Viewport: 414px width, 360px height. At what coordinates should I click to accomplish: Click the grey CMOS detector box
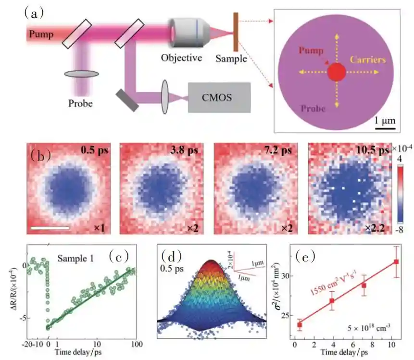point(219,98)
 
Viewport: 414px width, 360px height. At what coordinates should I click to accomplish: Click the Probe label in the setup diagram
point(80,103)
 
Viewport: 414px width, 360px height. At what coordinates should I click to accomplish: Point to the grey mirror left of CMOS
point(127,98)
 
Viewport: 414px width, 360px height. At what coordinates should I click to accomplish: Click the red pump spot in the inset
point(336,73)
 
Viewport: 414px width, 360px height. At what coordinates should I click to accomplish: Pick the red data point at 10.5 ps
point(396,261)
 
